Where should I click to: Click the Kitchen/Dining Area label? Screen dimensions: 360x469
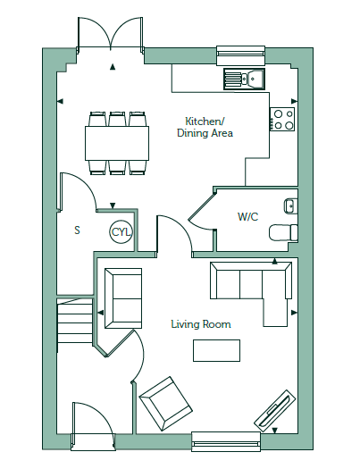coord(205,127)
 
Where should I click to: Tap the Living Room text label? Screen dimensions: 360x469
coord(201,324)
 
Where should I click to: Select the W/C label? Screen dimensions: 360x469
coord(247,216)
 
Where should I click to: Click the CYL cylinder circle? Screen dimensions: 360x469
coord(121,231)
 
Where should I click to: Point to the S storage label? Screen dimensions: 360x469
coord(77,230)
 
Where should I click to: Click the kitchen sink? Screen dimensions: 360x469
coord(244,79)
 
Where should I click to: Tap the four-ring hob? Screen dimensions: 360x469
coord(282,119)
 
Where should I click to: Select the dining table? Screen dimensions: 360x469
coord(117,143)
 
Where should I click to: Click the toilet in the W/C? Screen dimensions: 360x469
coord(283,232)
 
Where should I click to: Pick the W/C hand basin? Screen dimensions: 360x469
coord(290,205)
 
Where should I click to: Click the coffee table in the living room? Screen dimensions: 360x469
coord(216,350)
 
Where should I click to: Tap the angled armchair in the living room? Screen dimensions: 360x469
coord(166,403)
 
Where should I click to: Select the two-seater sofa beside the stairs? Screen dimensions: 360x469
coord(123,298)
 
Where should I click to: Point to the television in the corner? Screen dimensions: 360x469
coord(275,411)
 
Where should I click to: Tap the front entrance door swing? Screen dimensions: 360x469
coord(93,425)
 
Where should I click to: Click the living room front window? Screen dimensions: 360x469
coord(226,441)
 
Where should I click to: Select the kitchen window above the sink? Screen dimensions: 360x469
coord(240,55)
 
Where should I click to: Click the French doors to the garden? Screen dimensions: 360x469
coord(111,35)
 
